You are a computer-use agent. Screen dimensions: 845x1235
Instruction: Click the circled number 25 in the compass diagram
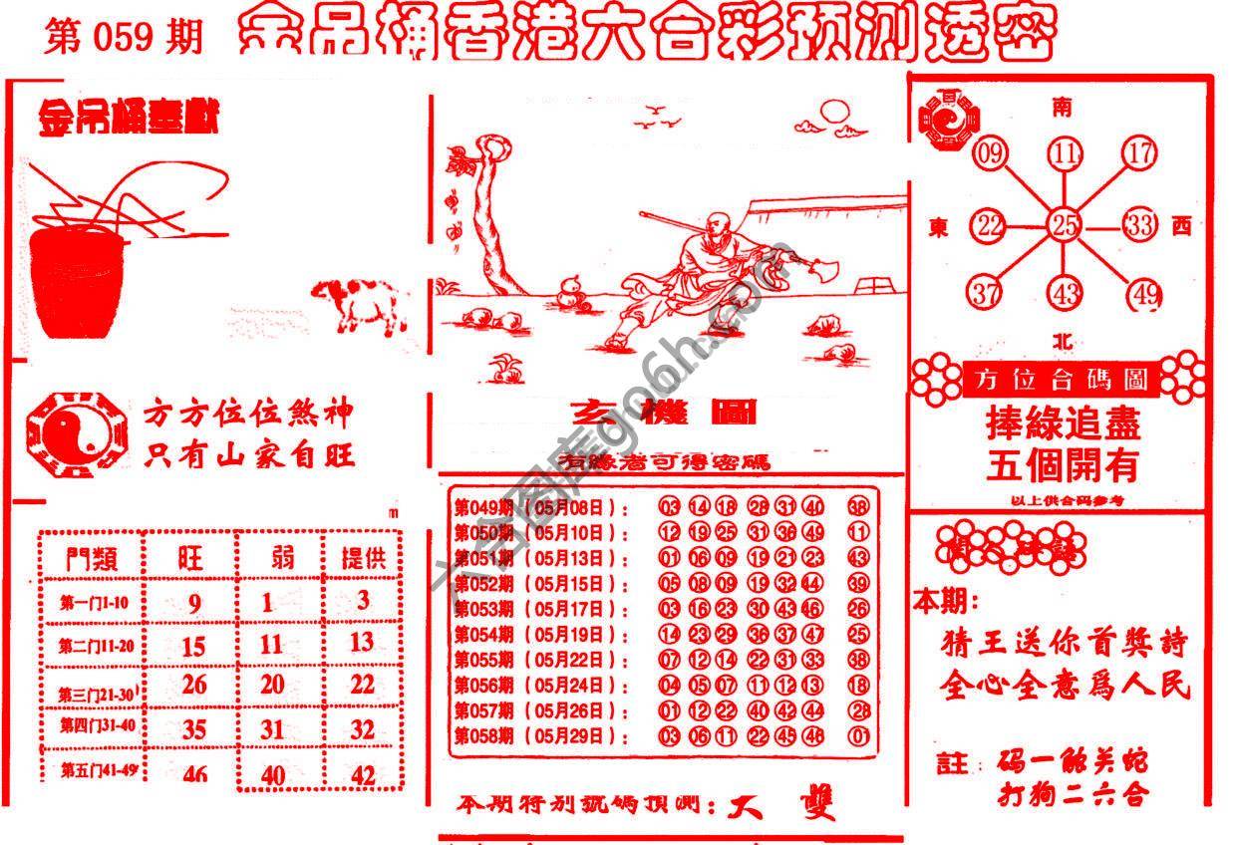[1064, 225]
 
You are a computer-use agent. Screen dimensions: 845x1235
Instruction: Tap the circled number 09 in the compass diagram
[990, 154]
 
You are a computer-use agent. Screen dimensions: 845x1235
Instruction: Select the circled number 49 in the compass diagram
[1145, 295]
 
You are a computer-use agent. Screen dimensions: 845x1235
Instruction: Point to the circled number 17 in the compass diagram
[1138, 153]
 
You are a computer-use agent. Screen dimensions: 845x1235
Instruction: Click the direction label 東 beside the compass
[938, 228]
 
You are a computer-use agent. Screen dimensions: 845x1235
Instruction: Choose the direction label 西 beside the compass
[1182, 227]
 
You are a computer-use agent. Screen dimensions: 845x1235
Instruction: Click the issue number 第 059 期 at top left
[123, 37]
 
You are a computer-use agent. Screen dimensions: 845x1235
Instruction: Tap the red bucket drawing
[77, 281]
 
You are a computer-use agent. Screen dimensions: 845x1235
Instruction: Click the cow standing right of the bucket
[360, 303]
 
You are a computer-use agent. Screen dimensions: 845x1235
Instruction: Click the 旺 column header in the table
[190, 557]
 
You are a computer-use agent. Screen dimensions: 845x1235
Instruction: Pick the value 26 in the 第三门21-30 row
[194, 685]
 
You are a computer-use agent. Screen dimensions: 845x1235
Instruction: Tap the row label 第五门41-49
[96, 769]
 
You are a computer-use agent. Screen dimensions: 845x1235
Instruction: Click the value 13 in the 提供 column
[362, 642]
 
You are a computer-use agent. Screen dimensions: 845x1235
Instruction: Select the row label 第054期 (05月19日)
[541, 634]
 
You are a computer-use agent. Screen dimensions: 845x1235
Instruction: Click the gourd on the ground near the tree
[568, 290]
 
